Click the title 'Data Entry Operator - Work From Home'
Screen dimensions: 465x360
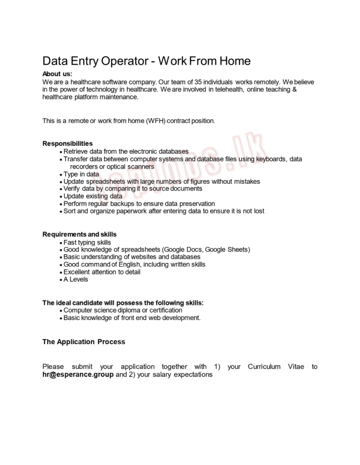146,61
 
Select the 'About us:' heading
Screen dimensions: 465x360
57,74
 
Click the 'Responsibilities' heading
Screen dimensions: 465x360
67,143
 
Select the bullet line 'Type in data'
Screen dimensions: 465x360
81,174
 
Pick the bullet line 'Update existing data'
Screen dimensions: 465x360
93,196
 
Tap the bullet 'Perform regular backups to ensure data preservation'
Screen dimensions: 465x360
139,203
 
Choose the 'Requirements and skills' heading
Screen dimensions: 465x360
80,234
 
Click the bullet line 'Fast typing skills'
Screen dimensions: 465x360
87,242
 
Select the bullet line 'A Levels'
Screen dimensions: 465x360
75,279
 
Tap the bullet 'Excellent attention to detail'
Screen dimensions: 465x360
102,272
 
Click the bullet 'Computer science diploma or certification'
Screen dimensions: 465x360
123,310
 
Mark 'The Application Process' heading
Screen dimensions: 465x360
84,341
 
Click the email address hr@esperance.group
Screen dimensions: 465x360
78,375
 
